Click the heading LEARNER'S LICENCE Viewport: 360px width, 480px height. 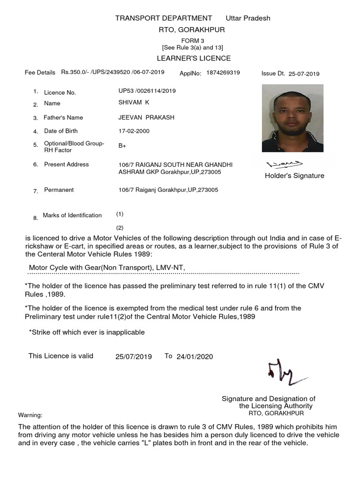[193, 58]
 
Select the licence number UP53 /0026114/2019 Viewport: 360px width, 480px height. [147, 91]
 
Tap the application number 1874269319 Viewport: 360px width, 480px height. [223, 73]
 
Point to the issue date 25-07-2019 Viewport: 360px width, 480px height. [304, 74]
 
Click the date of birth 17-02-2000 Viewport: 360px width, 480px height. [134, 131]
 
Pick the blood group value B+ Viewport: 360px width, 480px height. [122, 146]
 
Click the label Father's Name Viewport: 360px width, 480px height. [63, 118]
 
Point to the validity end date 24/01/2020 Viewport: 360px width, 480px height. [195, 357]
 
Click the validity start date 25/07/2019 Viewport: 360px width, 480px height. [134, 357]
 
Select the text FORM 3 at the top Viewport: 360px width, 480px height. [193, 41]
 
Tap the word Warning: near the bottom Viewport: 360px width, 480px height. [30, 415]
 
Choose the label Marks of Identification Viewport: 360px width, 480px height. [72, 215]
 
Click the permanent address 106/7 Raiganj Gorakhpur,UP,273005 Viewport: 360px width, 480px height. [168, 190]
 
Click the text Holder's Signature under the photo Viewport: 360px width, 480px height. [294, 176]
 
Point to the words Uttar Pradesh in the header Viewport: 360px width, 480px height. [248, 18]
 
